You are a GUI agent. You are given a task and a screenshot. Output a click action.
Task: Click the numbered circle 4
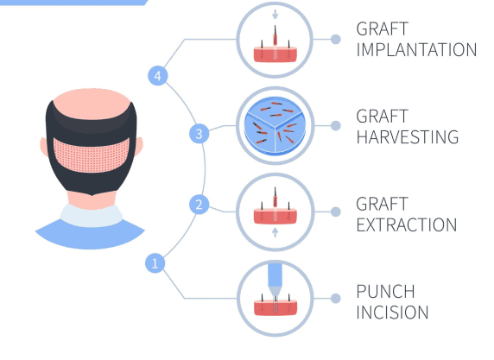point(158,76)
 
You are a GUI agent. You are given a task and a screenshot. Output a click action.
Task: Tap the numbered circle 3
point(199,134)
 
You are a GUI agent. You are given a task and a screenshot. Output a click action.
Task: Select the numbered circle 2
point(199,205)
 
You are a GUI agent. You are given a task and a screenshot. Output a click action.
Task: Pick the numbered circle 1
point(155,263)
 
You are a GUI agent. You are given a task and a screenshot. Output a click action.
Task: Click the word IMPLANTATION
point(416,50)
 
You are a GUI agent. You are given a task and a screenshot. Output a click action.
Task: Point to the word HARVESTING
point(408,137)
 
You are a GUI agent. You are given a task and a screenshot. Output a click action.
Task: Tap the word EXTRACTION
point(407,224)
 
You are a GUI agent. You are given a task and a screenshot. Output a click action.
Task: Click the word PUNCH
point(386,291)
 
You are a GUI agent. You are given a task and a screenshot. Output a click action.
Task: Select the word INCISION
point(392,313)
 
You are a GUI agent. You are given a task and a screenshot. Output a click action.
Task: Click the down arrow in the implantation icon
point(275,14)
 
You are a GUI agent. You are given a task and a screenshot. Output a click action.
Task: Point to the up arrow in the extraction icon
point(275,232)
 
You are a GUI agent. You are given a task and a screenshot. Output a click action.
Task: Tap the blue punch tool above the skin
point(275,280)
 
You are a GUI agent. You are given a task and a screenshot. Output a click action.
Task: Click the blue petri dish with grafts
point(275,126)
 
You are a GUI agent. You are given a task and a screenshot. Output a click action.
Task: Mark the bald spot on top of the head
point(92,104)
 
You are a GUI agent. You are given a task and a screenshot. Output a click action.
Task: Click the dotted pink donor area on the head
point(92,155)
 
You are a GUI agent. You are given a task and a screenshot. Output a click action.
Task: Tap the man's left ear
point(43,147)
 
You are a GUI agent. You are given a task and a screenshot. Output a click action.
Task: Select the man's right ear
point(139,146)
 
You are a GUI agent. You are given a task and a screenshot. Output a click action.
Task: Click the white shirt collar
point(92,217)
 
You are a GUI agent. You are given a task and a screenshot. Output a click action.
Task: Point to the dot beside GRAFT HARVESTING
point(336,126)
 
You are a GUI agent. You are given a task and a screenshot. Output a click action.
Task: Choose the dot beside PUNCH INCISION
point(336,298)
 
